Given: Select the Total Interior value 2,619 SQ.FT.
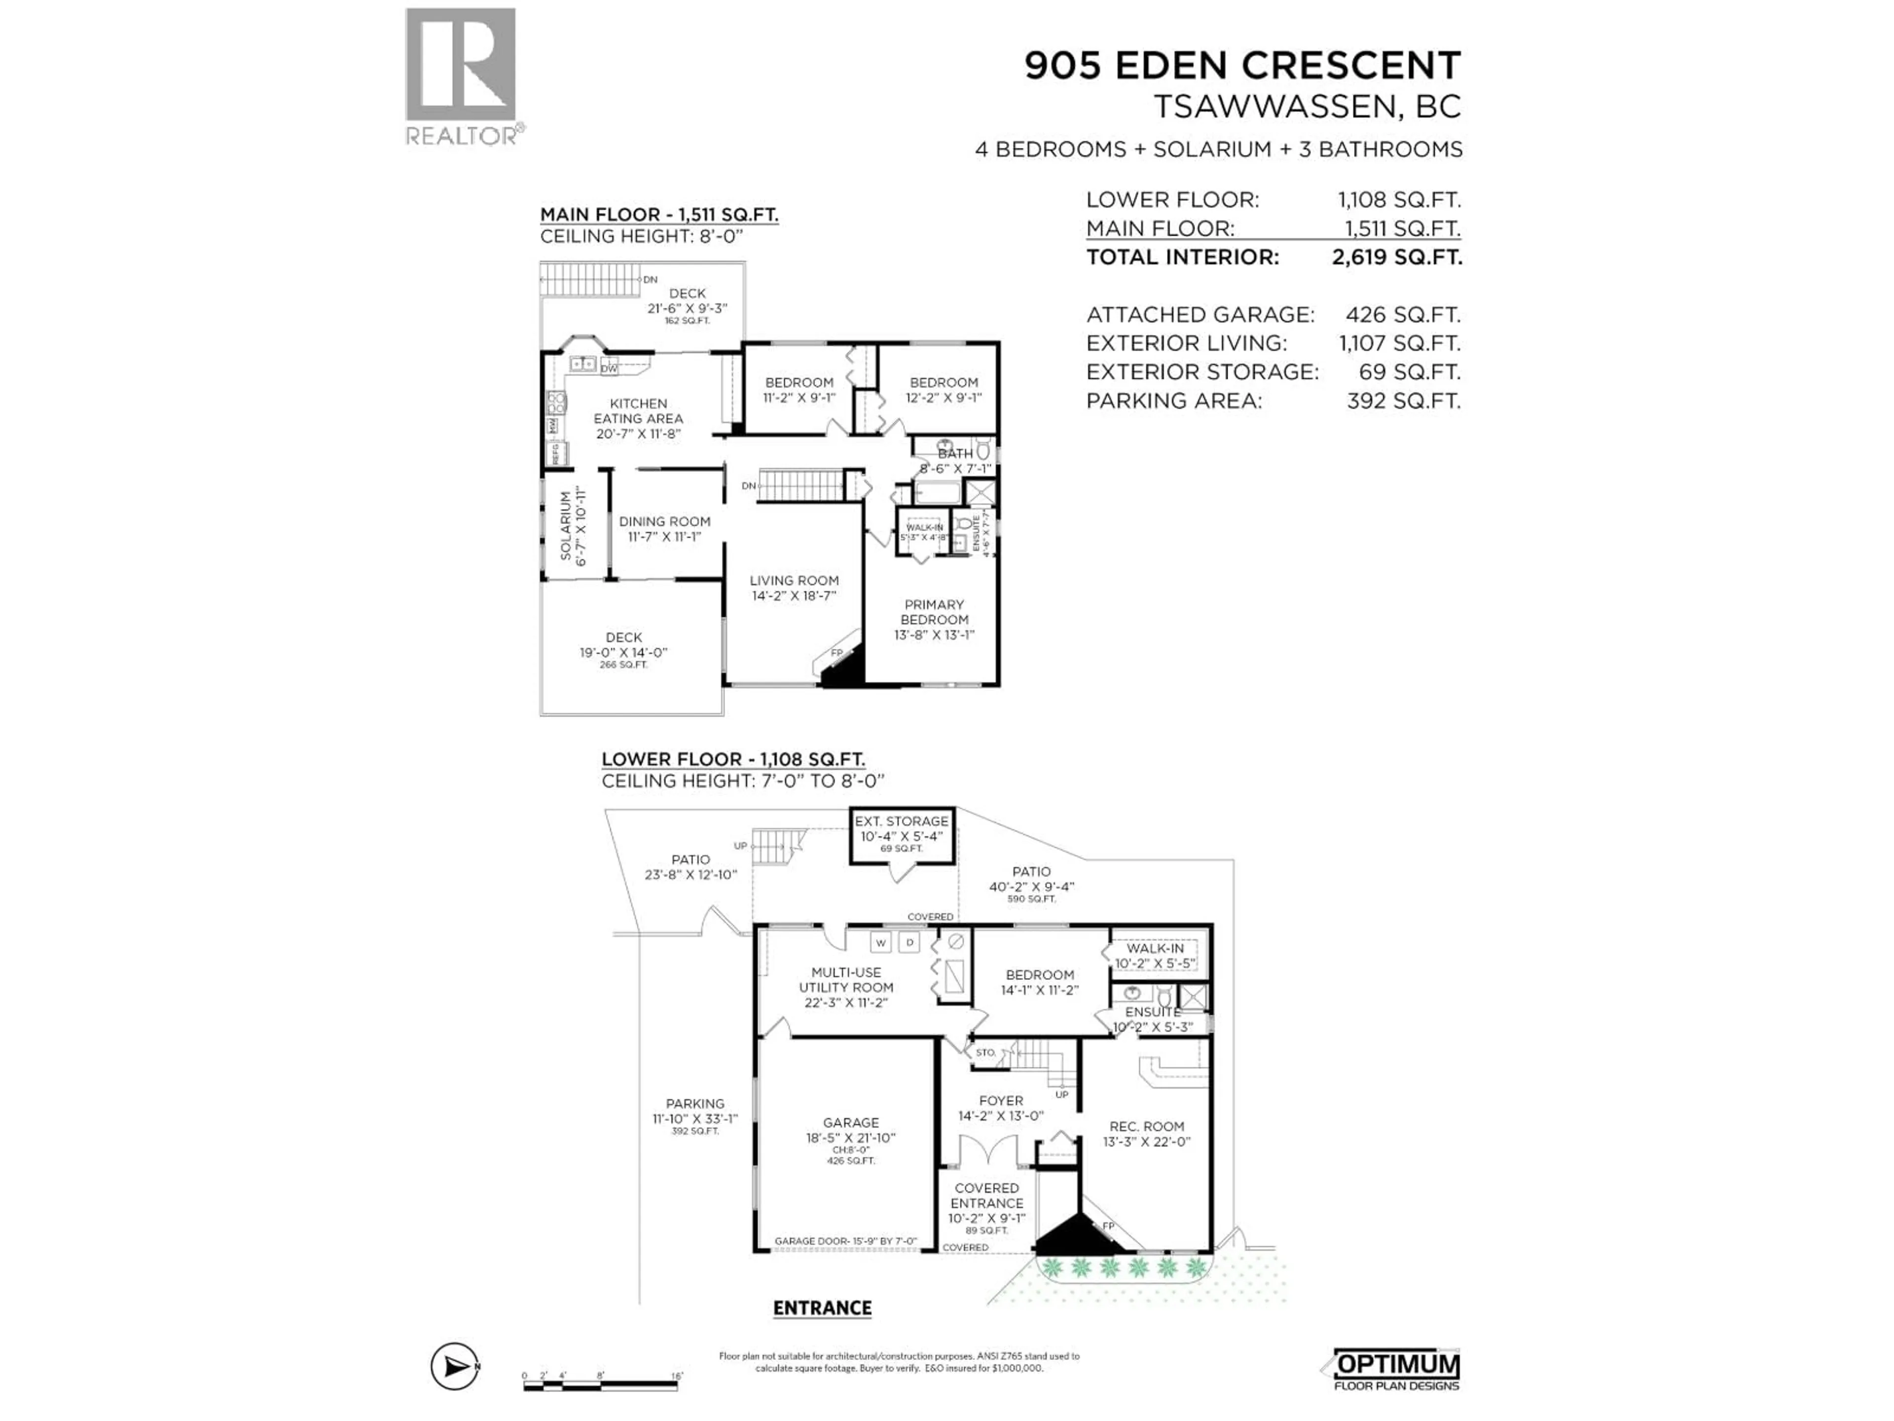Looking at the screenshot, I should pos(1396,257).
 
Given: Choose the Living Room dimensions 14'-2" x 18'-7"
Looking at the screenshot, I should pos(794,596).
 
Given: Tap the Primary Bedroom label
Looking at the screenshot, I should pos(934,611).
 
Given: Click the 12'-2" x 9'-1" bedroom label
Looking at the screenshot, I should pos(944,390).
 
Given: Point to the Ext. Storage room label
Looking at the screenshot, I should pos(902,821).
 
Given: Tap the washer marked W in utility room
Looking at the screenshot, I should pos(881,942).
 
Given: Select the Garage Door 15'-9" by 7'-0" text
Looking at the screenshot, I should pos(845,1241).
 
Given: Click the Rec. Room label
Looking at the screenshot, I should pos(1146,1126).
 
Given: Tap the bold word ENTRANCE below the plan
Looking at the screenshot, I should pos(822,1308).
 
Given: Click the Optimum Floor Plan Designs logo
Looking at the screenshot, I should pos(1396,1367).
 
